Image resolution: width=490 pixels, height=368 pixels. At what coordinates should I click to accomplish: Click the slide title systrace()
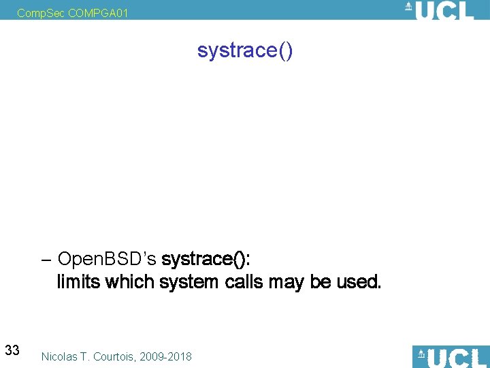coord(244,50)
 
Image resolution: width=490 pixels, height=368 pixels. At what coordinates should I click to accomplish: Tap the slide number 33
coord(12,351)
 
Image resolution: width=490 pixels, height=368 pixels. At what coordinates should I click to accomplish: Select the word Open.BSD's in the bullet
coord(108,259)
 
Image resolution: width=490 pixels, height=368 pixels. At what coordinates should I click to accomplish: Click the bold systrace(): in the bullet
coord(206,259)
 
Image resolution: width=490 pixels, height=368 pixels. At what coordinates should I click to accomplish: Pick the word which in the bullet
coord(129,281)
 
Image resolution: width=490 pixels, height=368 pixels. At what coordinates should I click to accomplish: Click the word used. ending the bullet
coord(359,281)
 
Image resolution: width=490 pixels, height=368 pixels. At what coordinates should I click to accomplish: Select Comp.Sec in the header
coord(41,12)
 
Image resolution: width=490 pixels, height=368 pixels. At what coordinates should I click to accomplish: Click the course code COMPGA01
coord(98,12)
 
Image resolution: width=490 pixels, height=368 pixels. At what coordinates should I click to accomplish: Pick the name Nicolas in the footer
coord(60,356)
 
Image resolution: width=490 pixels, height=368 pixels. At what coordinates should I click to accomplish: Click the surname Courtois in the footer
coord(112,356)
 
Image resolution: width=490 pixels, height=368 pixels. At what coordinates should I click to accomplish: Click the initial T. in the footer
coord(86,356)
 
